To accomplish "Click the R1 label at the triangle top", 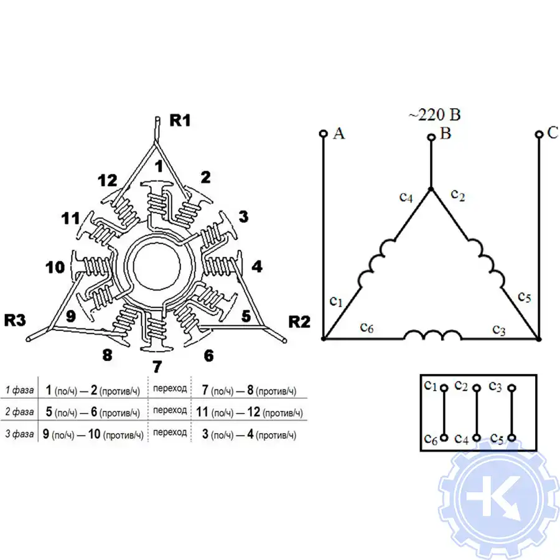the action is click(x=180, y=120).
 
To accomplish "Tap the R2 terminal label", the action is click(x=299, y=322).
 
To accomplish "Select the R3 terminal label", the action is click(x=15, y=320).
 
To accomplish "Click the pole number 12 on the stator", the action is click(x=108, y=180).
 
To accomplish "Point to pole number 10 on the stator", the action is click(x=55, y=267).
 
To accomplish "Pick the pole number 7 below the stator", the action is click(x=157, y=366).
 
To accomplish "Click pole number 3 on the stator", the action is click(x=243, y=217).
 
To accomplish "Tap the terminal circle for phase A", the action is click(x=323, y=134).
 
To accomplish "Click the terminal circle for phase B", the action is click(x=431, y=137).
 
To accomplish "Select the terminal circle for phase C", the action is click(x=539, y=134).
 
